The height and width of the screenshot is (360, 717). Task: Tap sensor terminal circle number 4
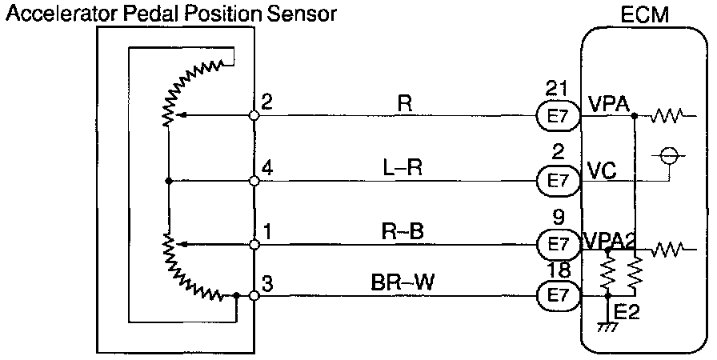point(254,181)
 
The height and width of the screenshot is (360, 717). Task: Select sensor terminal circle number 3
point(254,295)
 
